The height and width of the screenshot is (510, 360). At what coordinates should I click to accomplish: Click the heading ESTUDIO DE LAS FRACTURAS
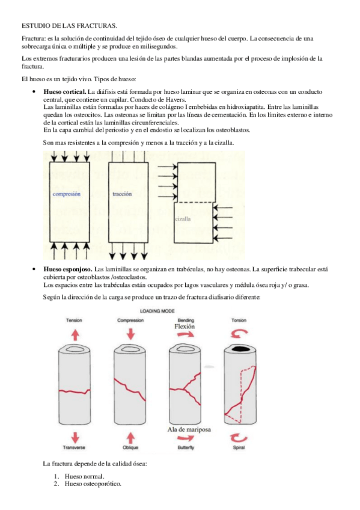pyautogui.click(x=69, y=25)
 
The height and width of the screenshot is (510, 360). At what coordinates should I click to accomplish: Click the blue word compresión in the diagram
pyautogui.click(x=66, y=194)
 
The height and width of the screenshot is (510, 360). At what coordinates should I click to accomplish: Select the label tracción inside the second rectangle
pyautogui.click(x=122, y=194)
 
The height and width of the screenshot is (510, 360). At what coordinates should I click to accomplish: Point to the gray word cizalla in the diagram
pyautogui.click(x=183, y=219)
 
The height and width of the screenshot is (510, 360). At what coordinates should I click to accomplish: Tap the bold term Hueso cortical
pyautogui.click(x=65, y=92)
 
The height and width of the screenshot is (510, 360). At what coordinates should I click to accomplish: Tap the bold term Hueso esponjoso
pyautogui.click(x=68, y=269)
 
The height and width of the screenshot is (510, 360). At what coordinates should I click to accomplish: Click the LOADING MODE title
pyautogui.click(x=157, y=311)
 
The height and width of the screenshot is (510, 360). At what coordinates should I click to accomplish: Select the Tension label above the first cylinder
pyautogui.click(x=74, y=321)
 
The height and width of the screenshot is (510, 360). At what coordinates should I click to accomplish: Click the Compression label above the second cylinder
pyautogui.click(x=130, y=321)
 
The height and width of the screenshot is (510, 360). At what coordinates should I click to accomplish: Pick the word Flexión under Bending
pyautogui.click(x=185, y=327)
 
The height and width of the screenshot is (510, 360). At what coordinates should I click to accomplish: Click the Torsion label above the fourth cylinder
pyautogui.click(x=239, y=321)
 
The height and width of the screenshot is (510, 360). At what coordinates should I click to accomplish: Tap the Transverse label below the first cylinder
pyautogui.click(x=74, y=447)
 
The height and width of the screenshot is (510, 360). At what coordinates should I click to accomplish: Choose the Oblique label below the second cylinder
pyautogui.click(x=130, y=447)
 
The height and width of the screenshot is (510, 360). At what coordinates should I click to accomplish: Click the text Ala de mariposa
pyautogui.click(x=189, y=429)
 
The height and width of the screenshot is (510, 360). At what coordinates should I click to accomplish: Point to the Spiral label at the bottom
pyautogui.click(x=239, y=447)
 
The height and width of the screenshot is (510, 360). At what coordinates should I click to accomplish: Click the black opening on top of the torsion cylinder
pyautogui.click(x=240, y=349)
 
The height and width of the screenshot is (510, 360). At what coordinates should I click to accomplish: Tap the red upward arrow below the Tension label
pyautogui.click(x=75, y=334)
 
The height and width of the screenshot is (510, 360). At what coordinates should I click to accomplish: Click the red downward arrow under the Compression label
pyautogui.click(x=130, y=334)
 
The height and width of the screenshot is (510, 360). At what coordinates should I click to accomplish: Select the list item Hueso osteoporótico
pyautogui.click(x=93, y=484)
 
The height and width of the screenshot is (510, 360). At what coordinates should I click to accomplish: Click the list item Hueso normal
pyautogui.click(x=85, y=476)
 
